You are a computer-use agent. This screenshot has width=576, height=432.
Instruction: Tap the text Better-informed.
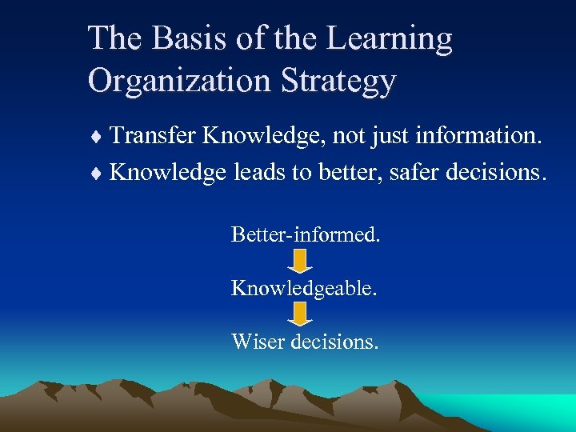(305, 234)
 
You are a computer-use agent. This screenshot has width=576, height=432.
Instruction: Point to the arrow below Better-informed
(300, 261)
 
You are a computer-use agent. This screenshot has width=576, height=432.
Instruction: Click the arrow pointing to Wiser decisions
(300, 314)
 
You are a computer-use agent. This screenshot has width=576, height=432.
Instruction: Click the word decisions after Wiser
(335, 342)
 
